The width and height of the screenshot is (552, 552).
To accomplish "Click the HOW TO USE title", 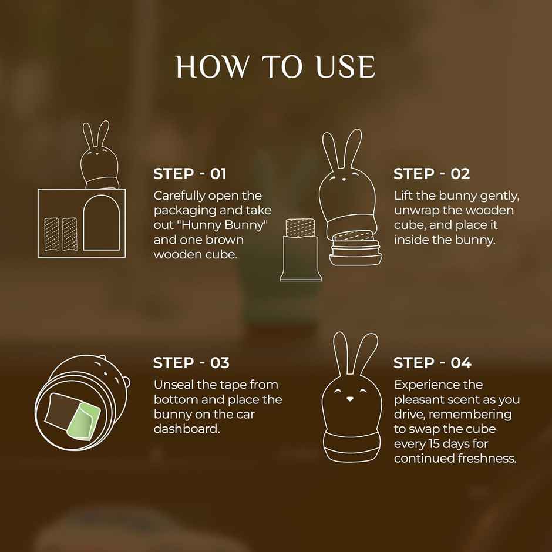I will pos(275,67).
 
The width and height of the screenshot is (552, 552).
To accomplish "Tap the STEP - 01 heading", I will pos(190,174).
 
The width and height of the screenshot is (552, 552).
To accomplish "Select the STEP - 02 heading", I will pos(432,174).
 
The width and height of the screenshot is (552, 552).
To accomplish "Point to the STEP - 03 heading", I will pos(191,363).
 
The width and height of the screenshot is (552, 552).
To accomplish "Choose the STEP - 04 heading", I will pos(432,363).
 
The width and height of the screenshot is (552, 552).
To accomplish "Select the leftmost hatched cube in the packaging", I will pos(52,233).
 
